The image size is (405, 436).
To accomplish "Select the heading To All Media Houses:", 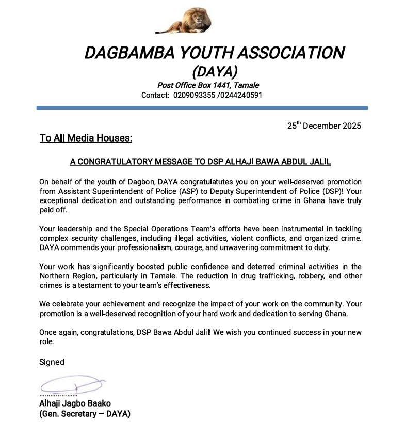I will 86,138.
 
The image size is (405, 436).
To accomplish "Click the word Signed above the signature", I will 52,362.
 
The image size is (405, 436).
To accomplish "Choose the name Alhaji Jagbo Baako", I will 75,403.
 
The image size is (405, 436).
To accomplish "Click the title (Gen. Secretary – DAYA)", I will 85,414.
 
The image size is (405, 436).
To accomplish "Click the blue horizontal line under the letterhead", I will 202,108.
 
